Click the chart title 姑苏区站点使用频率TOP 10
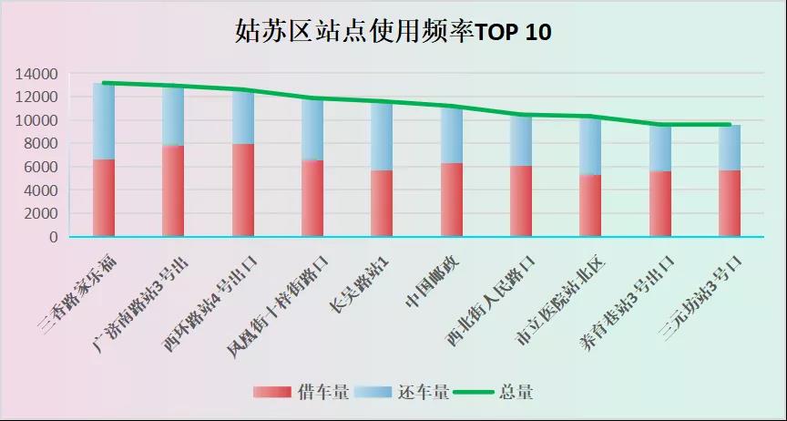[x=393, y=33]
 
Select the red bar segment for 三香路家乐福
[x=104, y=198]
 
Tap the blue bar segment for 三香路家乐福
[x=104, y=121]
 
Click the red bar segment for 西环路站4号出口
[x=243, y=190]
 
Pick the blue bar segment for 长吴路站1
[x=382, y=136]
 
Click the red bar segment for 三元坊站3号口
[x=730, y=203]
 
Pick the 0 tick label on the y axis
[x=53, y=237]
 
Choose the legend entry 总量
[x=516, y=393]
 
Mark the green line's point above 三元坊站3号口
[x=730, y=125]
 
